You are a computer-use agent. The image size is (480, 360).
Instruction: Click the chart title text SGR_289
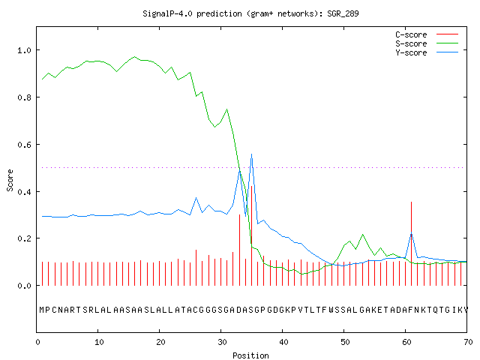pos(343,14)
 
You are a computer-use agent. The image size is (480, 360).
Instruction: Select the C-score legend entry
pos(427,34)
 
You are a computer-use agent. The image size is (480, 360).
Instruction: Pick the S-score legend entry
pos(427,43)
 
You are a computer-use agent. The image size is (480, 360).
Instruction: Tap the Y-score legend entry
pos(427,52)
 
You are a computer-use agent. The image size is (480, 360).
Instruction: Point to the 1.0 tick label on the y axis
pos(25,50)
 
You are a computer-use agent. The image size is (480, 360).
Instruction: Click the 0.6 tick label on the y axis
pos(25,145)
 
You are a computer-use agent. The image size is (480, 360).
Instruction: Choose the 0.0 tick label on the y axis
pos(25,286)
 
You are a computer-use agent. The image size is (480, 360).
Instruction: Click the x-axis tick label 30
pos(222,342)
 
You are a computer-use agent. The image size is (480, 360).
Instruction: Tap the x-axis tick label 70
pos(468,342)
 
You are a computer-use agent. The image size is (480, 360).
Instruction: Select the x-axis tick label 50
pos(345,342)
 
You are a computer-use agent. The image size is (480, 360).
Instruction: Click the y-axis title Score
pos(10,180)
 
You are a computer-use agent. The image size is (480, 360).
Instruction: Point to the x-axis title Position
pos(250,355)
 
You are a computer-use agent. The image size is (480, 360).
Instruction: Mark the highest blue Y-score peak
pos(252,154)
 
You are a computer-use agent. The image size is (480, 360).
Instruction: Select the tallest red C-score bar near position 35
pos(252,235)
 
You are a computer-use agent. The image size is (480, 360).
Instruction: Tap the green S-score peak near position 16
pos(135,57)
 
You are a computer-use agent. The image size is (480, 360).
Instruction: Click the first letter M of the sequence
pos(42,310)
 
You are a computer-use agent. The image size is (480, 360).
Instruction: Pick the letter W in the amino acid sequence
pos(331,310)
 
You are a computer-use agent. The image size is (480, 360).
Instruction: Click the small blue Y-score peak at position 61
pos(412,234)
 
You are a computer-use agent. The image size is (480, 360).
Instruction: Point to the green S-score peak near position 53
pos(363,235)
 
